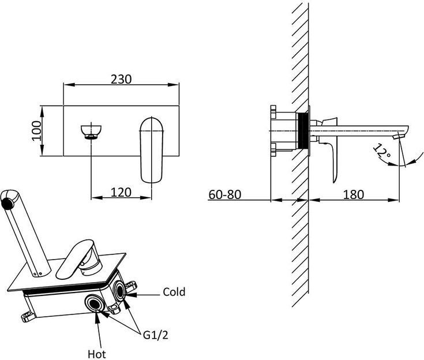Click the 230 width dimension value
tap(122, 78)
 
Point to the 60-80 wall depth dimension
tap(225, 194)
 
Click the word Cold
tap(174, 292)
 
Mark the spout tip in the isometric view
tap(7, 201)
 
